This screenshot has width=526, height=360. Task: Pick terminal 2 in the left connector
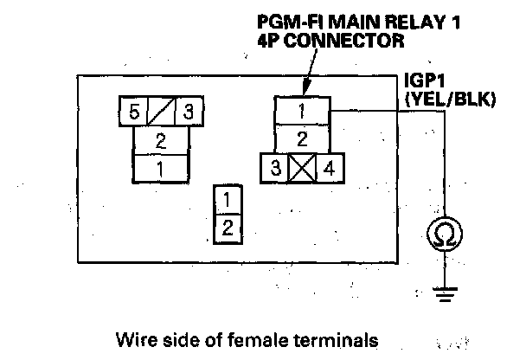click(x=161, y=139)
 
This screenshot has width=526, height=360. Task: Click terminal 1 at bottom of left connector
click(x=161, y=166)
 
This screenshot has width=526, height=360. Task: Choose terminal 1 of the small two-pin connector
click(x=226, y=201)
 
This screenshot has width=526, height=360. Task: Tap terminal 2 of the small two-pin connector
click(x=226, y=228)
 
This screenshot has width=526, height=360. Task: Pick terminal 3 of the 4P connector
click(x=275, y=166)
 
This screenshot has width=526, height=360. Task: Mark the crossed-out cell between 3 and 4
click(x=302, y=166)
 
